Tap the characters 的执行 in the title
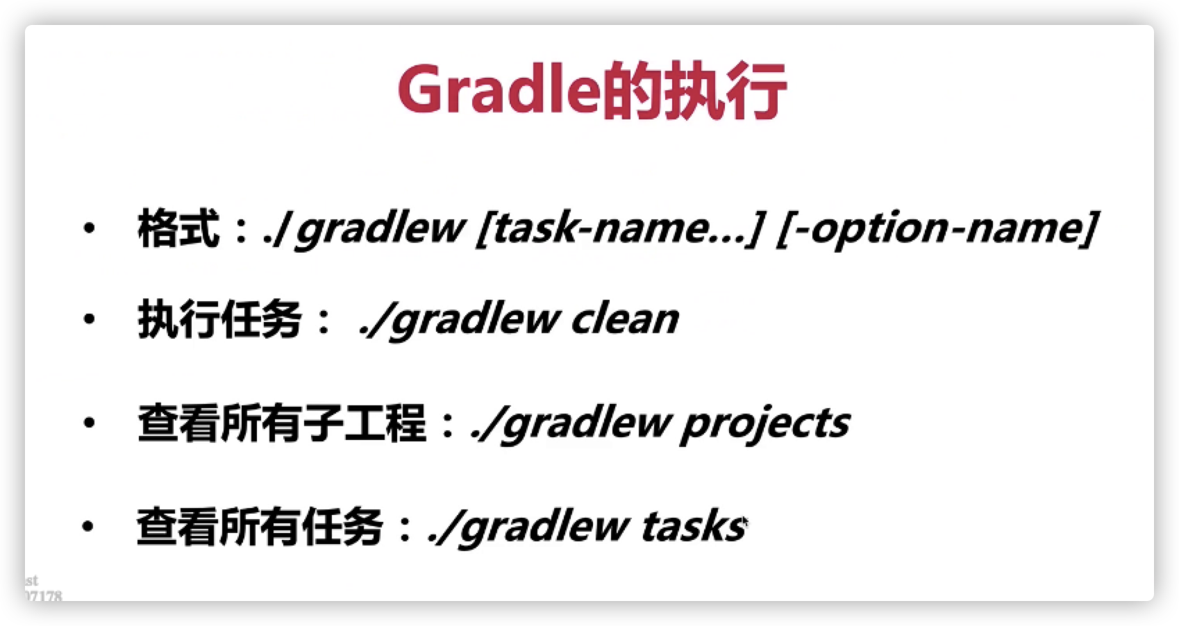(x=694, y=90)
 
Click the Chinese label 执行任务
(x=219, y=319)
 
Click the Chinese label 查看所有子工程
(x=282, y=423)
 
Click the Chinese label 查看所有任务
(x=260, y=526)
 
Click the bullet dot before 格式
(x=90, y=228)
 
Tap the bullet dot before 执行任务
(x=90, y=319)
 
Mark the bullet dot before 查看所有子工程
(x=90, y=423)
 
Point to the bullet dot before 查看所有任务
(x=88, y=526)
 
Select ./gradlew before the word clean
(x=458, y=320)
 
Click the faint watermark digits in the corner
(x=44, y=595)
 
